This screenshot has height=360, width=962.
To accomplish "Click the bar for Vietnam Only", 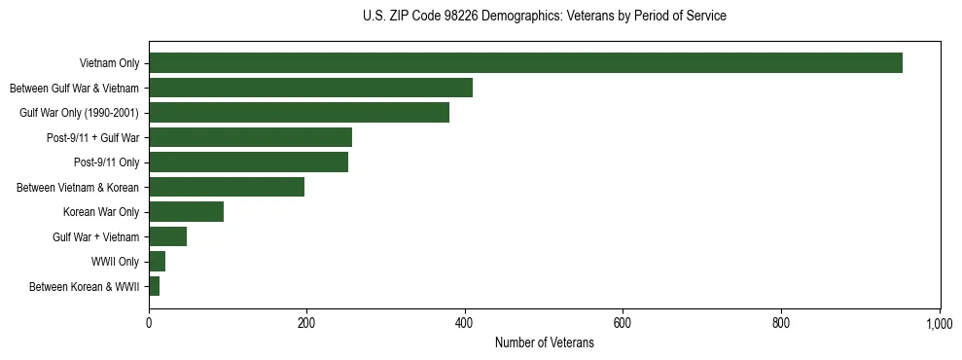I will pos(525,63).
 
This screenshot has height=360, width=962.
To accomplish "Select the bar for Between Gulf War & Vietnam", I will pos(310,88).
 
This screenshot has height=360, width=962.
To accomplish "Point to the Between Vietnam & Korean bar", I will pos(227,187).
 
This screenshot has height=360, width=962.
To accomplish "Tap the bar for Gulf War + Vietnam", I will pos(167,236).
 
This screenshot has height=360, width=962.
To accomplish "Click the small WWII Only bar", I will pos(157,262).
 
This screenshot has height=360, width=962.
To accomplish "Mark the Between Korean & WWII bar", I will pos(154,286).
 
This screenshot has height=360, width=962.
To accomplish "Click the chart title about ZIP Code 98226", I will pos(544,17).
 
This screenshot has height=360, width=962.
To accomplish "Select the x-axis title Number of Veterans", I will pos(544,342).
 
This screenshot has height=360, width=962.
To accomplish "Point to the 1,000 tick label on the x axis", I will pos(939,323).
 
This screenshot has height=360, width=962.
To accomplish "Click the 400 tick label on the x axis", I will pos(465,323).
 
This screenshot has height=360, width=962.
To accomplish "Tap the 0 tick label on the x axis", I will pos(149,323).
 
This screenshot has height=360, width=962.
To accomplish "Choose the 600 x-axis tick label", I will pos(623,323).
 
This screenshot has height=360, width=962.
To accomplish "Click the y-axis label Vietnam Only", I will pos(109,64).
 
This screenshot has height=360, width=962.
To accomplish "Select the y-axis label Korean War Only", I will pos(101,212).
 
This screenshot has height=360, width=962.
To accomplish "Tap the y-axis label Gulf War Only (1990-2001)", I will pos(79,113).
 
